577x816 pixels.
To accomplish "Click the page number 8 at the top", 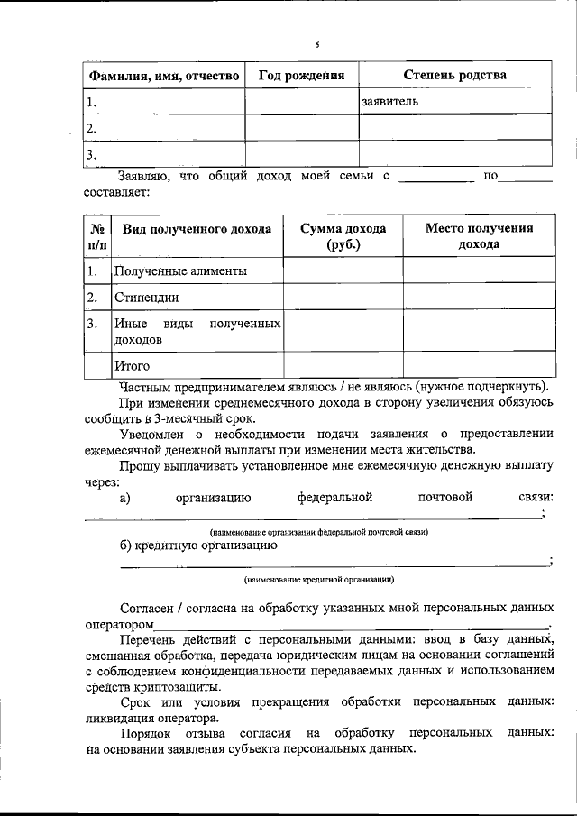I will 316,44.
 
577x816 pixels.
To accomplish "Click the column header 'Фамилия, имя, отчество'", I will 163,76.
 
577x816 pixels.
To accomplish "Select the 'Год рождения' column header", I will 302,76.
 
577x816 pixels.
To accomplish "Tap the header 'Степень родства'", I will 454,76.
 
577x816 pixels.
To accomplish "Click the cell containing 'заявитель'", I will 389,102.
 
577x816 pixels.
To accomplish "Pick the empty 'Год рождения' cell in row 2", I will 302,128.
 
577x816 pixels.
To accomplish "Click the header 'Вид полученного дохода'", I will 197,229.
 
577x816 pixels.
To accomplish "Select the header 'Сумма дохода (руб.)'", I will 343,236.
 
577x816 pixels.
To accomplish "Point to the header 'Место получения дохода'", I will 478,236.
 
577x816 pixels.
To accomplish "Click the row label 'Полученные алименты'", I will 180,270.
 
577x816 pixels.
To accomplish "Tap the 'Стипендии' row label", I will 146,297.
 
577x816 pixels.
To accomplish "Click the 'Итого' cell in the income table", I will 132,366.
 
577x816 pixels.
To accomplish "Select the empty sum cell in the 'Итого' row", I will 343,366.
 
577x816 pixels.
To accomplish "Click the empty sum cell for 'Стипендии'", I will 343,297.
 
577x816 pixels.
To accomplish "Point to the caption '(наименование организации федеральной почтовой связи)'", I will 318,532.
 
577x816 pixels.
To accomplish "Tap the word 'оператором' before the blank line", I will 119,624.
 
